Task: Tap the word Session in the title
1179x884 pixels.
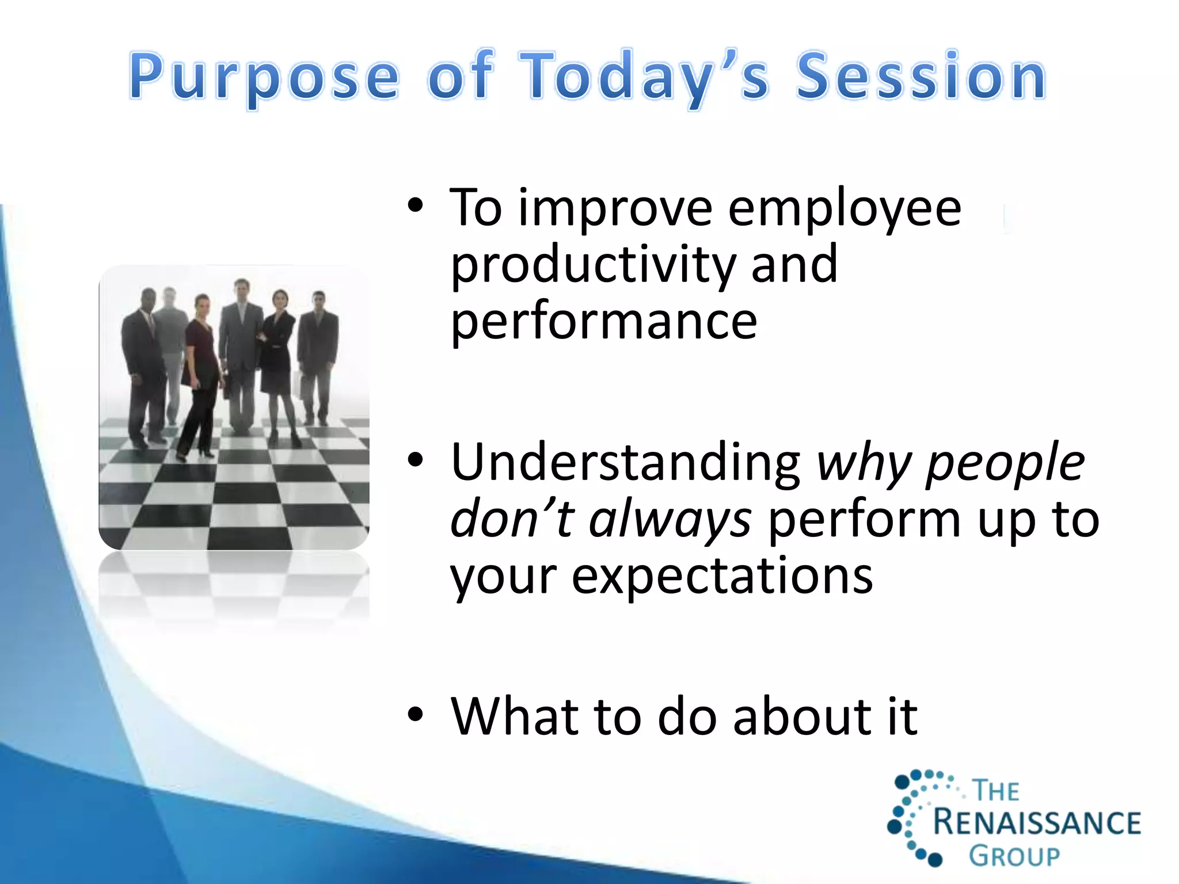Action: coord(921,75)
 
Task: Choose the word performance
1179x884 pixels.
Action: coord(603,322)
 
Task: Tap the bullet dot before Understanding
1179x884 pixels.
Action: coord(415,460)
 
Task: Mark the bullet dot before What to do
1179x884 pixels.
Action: coord(415,715)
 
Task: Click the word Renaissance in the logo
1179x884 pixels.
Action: coord(1037,822)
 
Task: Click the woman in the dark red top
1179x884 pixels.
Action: coord(199,378)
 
